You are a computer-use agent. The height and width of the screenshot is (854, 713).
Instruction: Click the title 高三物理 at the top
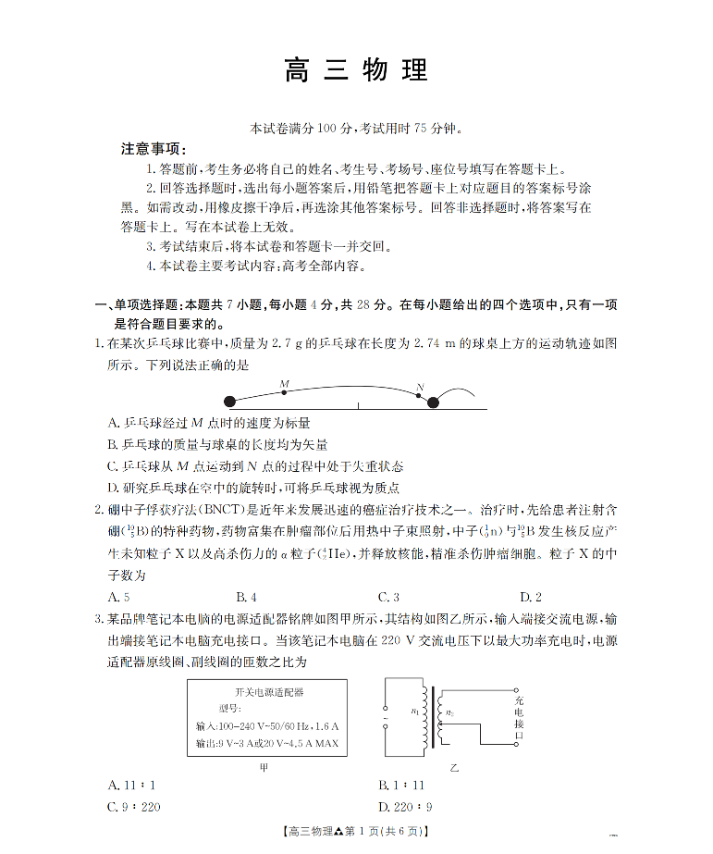(x=356, y=71)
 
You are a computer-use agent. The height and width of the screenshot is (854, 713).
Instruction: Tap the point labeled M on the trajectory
(x=284, y=392)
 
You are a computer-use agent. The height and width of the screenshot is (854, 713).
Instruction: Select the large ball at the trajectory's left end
(x=230, y=402)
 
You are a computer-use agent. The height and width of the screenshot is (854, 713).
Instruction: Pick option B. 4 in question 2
(x=246, y=597)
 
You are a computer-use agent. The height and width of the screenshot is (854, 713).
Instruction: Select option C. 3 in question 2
(x=388, y=597)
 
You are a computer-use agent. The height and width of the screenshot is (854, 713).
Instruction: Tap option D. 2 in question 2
(x=531, y=597)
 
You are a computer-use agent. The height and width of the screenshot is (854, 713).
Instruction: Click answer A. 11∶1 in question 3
(x=132, y=786)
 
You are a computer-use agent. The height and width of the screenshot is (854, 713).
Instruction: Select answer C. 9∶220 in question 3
(x=135, y=807)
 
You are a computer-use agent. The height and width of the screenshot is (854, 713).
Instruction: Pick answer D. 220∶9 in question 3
(x=405, y=807)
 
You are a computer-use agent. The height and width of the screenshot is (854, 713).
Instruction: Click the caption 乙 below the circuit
(x=453, y=767)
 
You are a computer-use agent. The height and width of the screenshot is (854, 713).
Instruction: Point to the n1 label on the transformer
(x=413, y=711)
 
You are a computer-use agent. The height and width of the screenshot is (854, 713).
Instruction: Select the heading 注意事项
(x=154, y=149)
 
